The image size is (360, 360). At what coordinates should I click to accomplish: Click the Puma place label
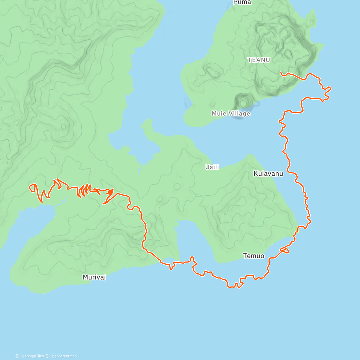[x=242, y=2]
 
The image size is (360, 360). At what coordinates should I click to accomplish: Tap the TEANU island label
[x=259, y=60]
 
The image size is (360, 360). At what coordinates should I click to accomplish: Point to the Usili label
[x=212, y=167]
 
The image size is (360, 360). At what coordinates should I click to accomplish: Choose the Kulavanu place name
[x=268, y=174]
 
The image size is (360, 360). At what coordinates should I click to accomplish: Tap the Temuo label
[x=254, y=256]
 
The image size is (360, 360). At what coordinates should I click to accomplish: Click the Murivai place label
[x=94, y=277]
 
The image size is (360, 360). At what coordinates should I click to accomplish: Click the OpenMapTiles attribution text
[x=31, y=356]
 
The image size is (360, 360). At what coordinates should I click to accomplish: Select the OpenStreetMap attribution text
[x=63, y=356]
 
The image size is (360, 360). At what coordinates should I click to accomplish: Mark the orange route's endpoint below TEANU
[x=280, y=72]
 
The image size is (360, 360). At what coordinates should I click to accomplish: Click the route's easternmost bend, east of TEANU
[x=330, y=88]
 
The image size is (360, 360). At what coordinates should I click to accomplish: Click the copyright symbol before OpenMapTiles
[x=17, y=356]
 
